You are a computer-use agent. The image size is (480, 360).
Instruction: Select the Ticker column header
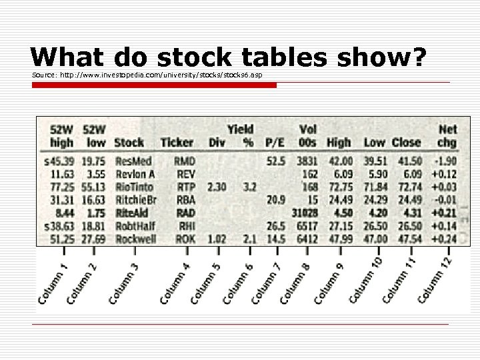[x=177, y=142]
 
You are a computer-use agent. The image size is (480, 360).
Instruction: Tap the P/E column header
[x=275, y=142]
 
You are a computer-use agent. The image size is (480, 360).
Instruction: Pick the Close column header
[x=406, y=142]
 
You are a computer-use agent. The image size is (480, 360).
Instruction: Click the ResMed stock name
[x=133, y=161]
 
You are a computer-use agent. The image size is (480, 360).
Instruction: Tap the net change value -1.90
[x=445, y=161]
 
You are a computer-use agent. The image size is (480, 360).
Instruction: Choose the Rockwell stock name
[x=135, y=239]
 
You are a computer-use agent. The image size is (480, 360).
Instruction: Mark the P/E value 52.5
[x=275, y=161]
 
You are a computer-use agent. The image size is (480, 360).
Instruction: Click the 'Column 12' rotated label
[x=436, y=281]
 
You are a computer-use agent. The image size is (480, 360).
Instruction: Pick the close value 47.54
[x=407, y=239]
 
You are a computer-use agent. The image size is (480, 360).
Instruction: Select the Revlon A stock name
[x=135, y=174]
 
